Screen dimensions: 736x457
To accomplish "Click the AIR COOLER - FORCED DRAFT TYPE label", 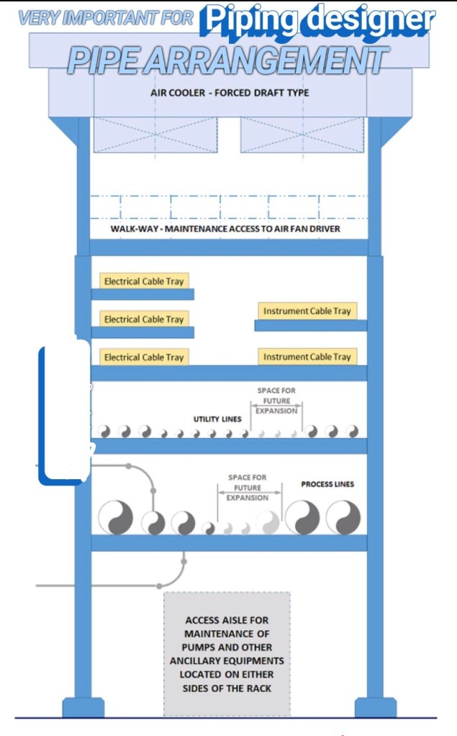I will click(230, 93).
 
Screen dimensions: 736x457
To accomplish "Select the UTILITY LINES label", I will click(217, 419).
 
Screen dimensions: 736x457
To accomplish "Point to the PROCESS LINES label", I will click(327, 484).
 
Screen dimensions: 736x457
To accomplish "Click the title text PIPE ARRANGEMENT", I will click(228, 61).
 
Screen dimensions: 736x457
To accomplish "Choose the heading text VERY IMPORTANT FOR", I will click(106, 19).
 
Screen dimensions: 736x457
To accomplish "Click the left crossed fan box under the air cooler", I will click(155, 135).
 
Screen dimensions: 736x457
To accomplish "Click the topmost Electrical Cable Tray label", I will click(144, 281).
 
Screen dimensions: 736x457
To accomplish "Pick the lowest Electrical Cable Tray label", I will click(144, 357).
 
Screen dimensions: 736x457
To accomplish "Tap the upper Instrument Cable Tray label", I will click(307, 311).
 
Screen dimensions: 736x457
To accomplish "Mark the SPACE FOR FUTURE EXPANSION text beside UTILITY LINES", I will click(276, 401).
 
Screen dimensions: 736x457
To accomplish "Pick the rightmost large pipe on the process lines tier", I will click(343, 517).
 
